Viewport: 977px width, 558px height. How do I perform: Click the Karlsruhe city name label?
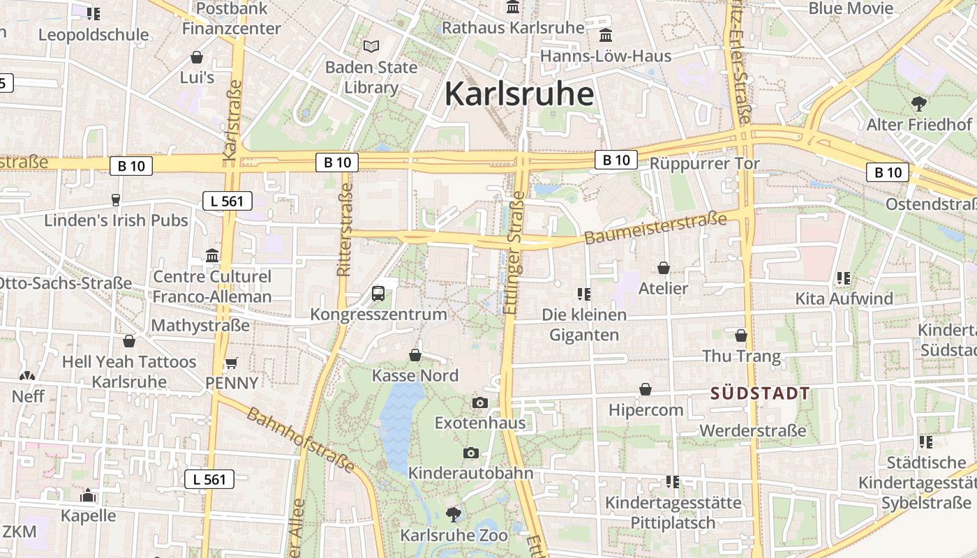pyautogui.click(x=519, y=93)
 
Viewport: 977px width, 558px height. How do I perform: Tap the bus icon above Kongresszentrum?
pyautogui.click(x=378, y=293)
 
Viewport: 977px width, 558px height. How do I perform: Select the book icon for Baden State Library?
pyautogui.click(x=371, y=47)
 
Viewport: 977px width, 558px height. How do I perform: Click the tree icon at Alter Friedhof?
pyautogui.click(x=919, y=104)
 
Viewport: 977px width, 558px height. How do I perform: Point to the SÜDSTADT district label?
pyautogui.click(x=760, y=393)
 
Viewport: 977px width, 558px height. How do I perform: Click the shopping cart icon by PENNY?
pyautogui.click(x=232, y=363)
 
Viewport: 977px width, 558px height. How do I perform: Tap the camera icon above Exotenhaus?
pyautogui.click(x=479, y=402)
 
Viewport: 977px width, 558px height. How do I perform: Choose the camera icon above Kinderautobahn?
pyautogui.click(x=470, y=453)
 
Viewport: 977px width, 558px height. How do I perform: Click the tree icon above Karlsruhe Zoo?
pyautogui.click(x=454, y=515)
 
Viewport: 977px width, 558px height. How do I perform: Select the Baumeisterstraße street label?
pyautogui.click(x=655, y=229)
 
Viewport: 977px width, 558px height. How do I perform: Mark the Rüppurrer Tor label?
pyautogui.click(x=705, y=163)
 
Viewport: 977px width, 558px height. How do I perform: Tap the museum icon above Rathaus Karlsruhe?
pyautogui.click(x=513, y=8)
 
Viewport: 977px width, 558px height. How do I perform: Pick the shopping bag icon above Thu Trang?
pyautogui.click(x=741, y=335)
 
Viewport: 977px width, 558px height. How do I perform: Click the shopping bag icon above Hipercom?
pyautogui.click(x=646, y=389)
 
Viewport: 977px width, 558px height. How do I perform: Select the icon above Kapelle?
pyautogui.click(x=88, y=495)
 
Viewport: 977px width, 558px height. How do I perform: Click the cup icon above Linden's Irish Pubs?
pyautogui.click(x=116, y=200)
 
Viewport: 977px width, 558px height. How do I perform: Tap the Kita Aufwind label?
pyautogui.click(x=844, y=299)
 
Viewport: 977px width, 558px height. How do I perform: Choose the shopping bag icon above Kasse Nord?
pyautogui.click(x=415, y=355)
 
